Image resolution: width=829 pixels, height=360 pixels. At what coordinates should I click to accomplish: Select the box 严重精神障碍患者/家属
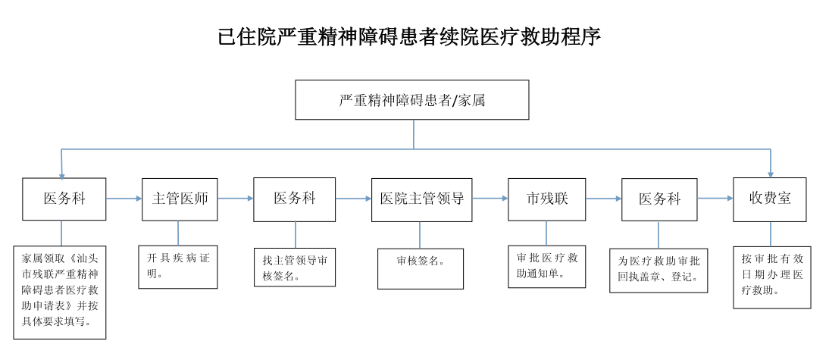412,100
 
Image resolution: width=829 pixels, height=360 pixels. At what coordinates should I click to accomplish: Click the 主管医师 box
180,199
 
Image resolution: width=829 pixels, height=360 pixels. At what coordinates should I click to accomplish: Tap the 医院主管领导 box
421,199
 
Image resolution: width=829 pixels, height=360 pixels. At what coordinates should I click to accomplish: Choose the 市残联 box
546,199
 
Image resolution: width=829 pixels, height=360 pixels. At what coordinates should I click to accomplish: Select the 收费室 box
770,199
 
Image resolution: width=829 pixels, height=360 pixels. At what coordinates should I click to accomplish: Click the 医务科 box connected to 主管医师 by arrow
64,199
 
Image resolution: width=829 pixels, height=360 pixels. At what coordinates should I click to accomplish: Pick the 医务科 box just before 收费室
659,199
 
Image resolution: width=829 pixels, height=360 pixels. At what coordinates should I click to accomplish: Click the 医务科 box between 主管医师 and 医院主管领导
294,199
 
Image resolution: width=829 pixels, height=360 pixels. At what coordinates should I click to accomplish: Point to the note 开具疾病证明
178,266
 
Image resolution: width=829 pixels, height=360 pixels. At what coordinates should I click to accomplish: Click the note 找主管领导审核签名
295,268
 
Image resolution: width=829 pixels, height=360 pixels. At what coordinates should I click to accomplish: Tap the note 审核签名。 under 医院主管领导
421,268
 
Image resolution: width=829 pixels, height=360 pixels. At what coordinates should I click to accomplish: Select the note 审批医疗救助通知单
546,266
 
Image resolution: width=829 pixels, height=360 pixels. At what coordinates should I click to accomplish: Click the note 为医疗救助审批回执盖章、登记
659,270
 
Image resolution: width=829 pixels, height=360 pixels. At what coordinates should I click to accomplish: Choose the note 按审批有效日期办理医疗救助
771,276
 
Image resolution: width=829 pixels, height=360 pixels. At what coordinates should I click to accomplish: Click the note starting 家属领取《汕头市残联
60,291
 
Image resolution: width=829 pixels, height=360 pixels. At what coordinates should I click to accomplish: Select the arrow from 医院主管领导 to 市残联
490,199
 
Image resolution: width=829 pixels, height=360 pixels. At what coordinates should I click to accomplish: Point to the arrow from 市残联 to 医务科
603,199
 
